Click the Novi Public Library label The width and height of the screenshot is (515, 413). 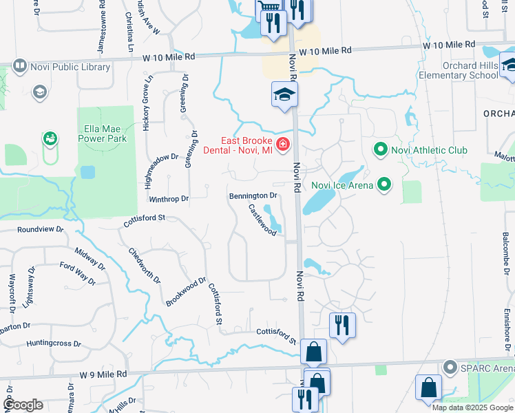pos(70,67)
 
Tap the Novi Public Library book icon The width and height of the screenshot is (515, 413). pos(19,67)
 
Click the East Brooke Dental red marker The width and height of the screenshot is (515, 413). pos(282,145)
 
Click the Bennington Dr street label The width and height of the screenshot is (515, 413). pos(253,196)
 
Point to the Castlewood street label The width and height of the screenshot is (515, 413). pos(262,220)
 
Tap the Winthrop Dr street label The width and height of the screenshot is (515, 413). pos(169,199)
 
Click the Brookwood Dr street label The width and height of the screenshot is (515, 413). pos(186,292)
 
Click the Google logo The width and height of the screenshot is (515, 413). pos(23,405)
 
